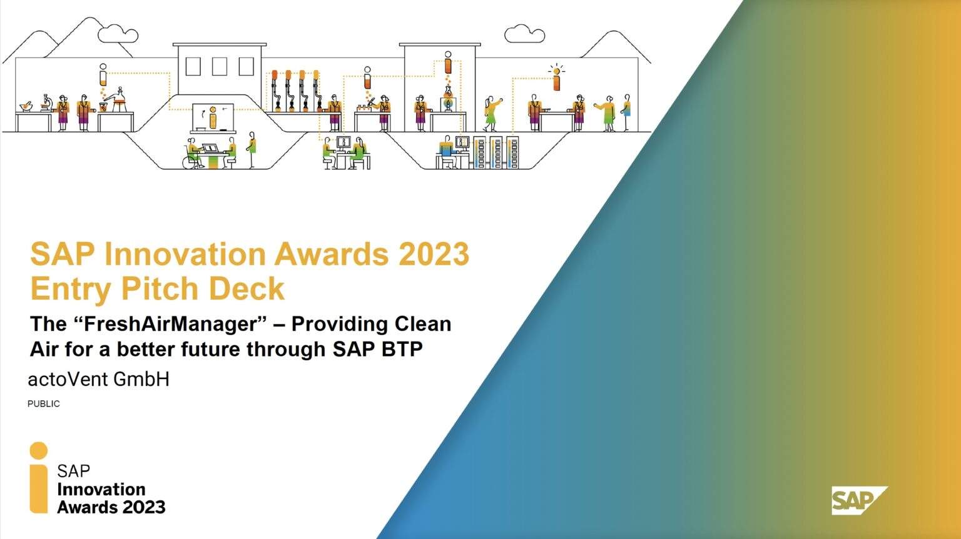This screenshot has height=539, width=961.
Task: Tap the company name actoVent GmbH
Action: point(99,380)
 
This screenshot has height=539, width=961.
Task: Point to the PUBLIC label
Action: point(44,404)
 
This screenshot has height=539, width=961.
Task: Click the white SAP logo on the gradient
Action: point(859,500)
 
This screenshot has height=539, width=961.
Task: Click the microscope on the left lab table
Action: point(46,103)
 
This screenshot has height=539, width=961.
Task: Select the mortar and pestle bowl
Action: point(26,107)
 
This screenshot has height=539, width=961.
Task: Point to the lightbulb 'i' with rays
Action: point(556,78)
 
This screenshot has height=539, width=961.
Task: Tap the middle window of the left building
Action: point(220,66)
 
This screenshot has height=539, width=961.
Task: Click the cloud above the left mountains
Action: point(118,34)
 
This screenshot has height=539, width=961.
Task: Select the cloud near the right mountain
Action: point(524,34)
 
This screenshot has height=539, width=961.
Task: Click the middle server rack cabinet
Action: point(496,152)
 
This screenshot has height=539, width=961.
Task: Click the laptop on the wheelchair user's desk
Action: point(210,148)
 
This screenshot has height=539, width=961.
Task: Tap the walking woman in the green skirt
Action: point(492,113)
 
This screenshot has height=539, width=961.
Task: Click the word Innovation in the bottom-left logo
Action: point(101,489)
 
